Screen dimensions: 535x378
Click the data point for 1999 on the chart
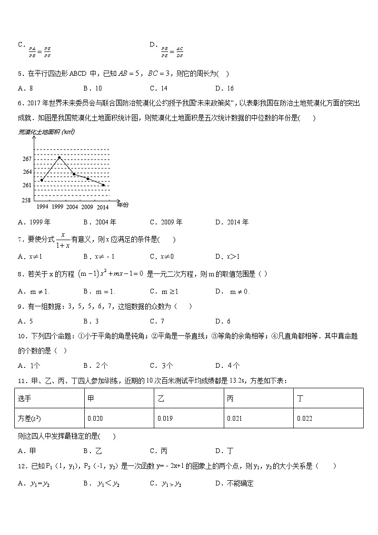[59, 157]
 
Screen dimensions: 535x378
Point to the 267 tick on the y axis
[27, 159]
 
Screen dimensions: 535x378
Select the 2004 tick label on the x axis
[72, 207]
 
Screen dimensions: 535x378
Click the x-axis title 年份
[122, 205]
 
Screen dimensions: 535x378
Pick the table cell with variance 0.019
[189, 418]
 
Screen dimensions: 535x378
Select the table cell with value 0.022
[328, 418]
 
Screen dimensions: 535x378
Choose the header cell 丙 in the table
[259, 398]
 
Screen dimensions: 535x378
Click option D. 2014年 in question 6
[231, 222]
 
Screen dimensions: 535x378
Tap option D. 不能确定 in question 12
[234, 484]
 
